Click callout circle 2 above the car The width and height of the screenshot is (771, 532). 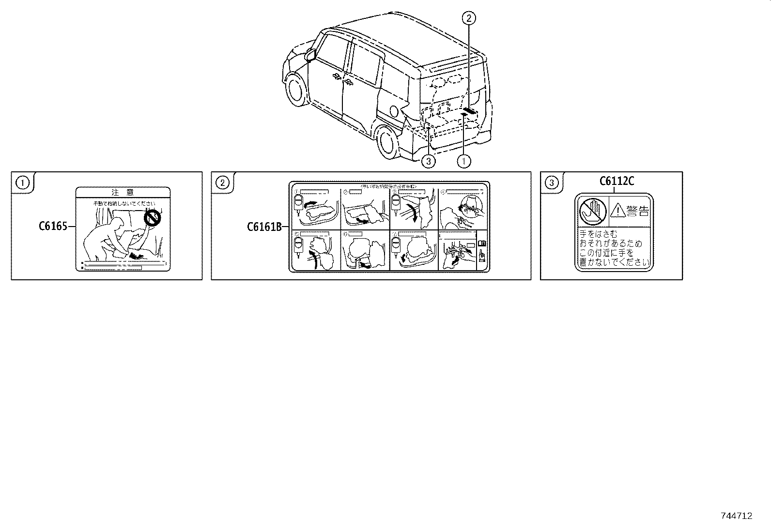(x=468, y=19)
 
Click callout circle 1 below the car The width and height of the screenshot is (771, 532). (x=464, y=161)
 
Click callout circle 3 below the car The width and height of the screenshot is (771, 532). (x=428, y=161)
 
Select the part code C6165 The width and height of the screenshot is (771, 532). (x=53, y=226)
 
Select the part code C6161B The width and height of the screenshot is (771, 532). (x=264, y=226)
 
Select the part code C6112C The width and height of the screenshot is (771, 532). (x=617, y=181)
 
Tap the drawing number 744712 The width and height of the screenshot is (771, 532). (x=737, y=516)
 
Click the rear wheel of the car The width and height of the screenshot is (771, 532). (x=387, y=140)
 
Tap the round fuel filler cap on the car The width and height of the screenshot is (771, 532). (x=395, y=111)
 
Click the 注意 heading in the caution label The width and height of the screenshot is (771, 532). (x=123, y=192)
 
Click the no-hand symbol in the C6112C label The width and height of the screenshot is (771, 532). (x=592, y=211)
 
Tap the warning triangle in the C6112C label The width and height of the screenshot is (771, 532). (x=617, y=211)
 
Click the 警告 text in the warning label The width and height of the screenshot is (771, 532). (x=637, y=211)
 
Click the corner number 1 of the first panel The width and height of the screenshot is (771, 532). (x=22, y=182)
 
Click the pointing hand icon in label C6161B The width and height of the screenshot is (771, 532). (x=481, y=255)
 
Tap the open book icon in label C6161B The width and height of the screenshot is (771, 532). (x=481, y=243)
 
